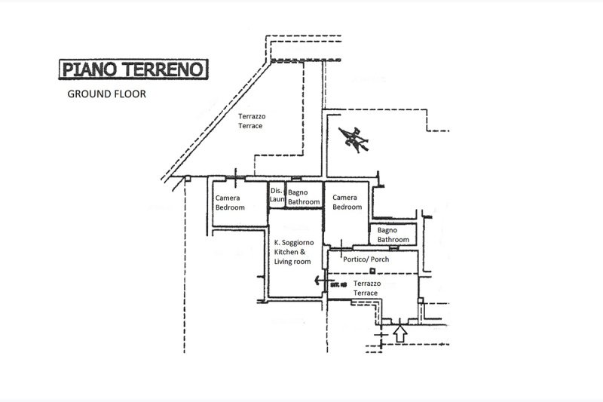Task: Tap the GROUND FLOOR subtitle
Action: tap(106, 95)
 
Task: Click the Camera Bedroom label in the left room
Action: tap(229, 202)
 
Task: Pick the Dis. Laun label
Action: tap(276, 195)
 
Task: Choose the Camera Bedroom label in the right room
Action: tap(347, 201)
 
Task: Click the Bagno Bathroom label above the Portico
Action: tap(392, 235)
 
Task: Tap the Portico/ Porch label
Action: tap(365, 260)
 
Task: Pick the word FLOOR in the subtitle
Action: tap(127, 95)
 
